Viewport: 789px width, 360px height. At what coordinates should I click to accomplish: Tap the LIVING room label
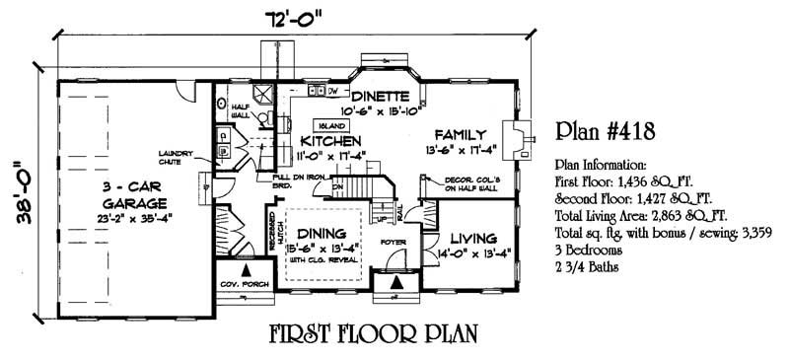tap(471, 238)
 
